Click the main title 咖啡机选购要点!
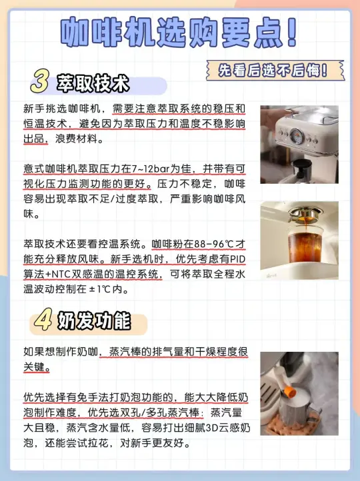[x=179, y=33]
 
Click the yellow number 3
[x=40, y=81]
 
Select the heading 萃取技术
[x=93, y=83]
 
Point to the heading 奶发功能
[x=94, y=321]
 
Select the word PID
[x=237, y=259]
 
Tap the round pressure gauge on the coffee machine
[x=297, y=136]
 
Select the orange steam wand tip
[x=290, y=392]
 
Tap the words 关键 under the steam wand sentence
[x=35, y=367]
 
